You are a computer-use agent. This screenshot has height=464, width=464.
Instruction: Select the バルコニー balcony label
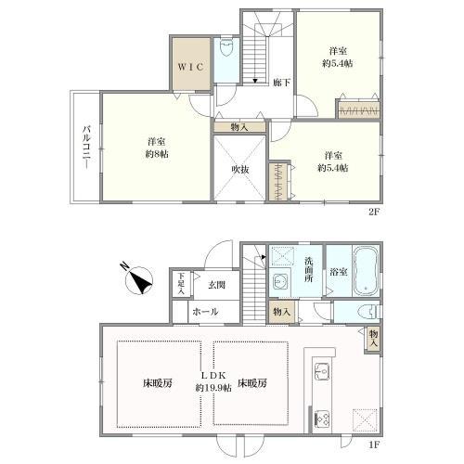click(84, 147)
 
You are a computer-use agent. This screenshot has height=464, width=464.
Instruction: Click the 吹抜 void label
click(241, 169)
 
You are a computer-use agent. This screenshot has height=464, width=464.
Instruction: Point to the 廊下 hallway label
click(282, 83)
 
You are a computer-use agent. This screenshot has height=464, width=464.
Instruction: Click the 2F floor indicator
click(373, 211)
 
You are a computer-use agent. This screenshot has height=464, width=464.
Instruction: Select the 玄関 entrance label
click(217, 286)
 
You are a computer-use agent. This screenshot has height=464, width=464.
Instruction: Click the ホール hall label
click(205, 312)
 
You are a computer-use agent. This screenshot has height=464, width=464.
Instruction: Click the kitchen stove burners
click(322, 418)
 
